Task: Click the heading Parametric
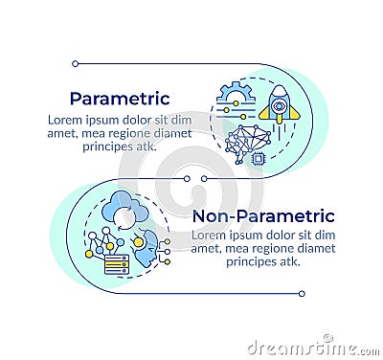(x=120, y=99)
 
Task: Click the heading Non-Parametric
(x=263, y=216)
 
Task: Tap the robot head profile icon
(x=147, y=251)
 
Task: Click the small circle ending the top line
(x=75, y=64)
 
